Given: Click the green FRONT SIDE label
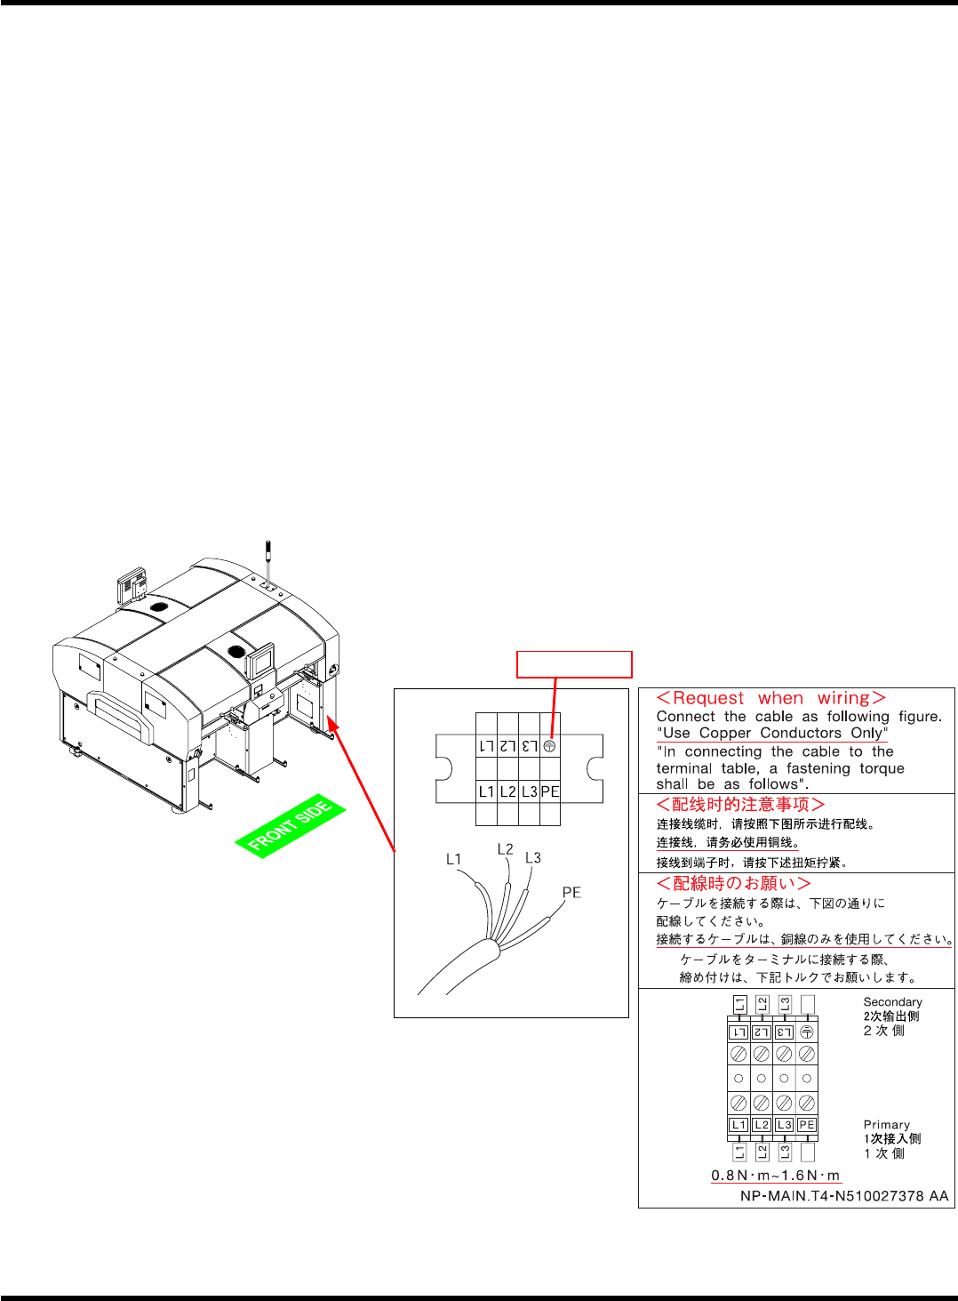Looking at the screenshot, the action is (291, 826).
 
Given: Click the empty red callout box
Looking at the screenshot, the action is (574, 664).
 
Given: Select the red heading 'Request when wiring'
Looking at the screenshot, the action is (770, 699).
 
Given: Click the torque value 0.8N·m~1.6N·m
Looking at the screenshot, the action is (775, 1175).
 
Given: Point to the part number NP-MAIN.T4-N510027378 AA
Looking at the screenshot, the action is (844, 1196).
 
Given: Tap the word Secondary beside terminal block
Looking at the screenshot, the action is (892, 1002).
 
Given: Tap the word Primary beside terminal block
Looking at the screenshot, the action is (886, 1125).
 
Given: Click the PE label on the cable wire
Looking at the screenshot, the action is (571, 892).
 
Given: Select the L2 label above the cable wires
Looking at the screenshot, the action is (505, 849).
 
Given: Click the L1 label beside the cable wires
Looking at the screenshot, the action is (454, 859).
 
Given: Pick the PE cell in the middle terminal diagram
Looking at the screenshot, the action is (550, 791).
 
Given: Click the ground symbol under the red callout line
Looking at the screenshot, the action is (550, 746).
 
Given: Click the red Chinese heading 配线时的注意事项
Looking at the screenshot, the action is (740, 805).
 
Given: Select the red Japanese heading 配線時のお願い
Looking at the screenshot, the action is (733, 883).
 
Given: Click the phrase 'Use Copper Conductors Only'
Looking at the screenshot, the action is (772, 734).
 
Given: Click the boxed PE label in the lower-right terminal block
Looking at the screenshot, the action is (806, 1125).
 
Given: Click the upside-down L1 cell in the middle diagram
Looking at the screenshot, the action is (486, 746).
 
